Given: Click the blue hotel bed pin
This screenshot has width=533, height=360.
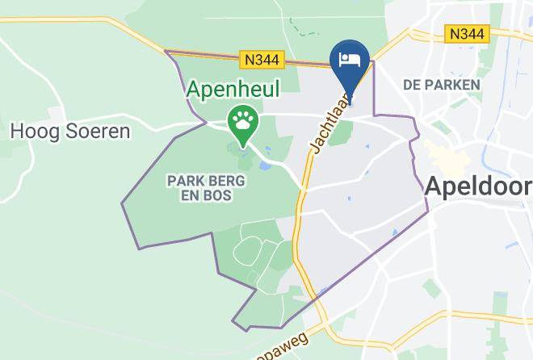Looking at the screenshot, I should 350,65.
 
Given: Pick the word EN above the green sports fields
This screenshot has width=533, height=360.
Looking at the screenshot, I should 193,195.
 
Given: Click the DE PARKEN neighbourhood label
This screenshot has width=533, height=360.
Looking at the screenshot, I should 441,84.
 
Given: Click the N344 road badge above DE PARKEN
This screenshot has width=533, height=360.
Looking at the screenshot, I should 467,34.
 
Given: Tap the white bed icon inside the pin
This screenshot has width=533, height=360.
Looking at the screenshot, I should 350,59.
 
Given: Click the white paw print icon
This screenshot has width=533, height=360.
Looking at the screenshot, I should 242,122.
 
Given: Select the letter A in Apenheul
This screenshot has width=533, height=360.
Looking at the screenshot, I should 195,88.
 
